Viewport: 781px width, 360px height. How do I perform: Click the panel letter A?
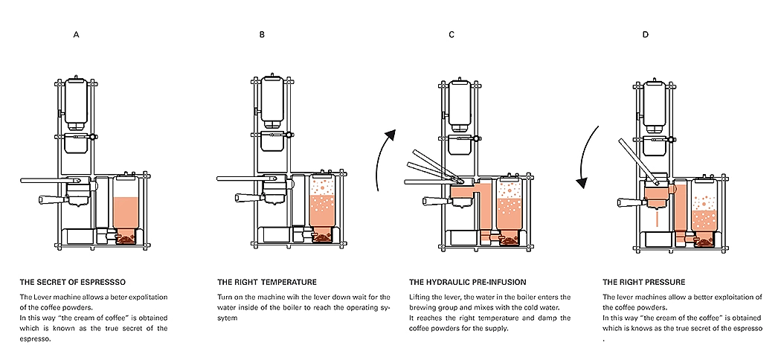coord(76,35)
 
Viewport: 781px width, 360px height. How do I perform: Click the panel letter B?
coord(262,35)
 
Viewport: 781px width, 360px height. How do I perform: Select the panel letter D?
coord(645,35)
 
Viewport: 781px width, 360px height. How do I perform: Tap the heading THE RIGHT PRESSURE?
coord(643,283)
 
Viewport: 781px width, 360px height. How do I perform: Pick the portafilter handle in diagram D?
coord(629,199)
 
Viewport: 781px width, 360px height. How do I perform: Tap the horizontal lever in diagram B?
coord(245,179)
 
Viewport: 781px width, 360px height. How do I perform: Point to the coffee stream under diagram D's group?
coord(658,221)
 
